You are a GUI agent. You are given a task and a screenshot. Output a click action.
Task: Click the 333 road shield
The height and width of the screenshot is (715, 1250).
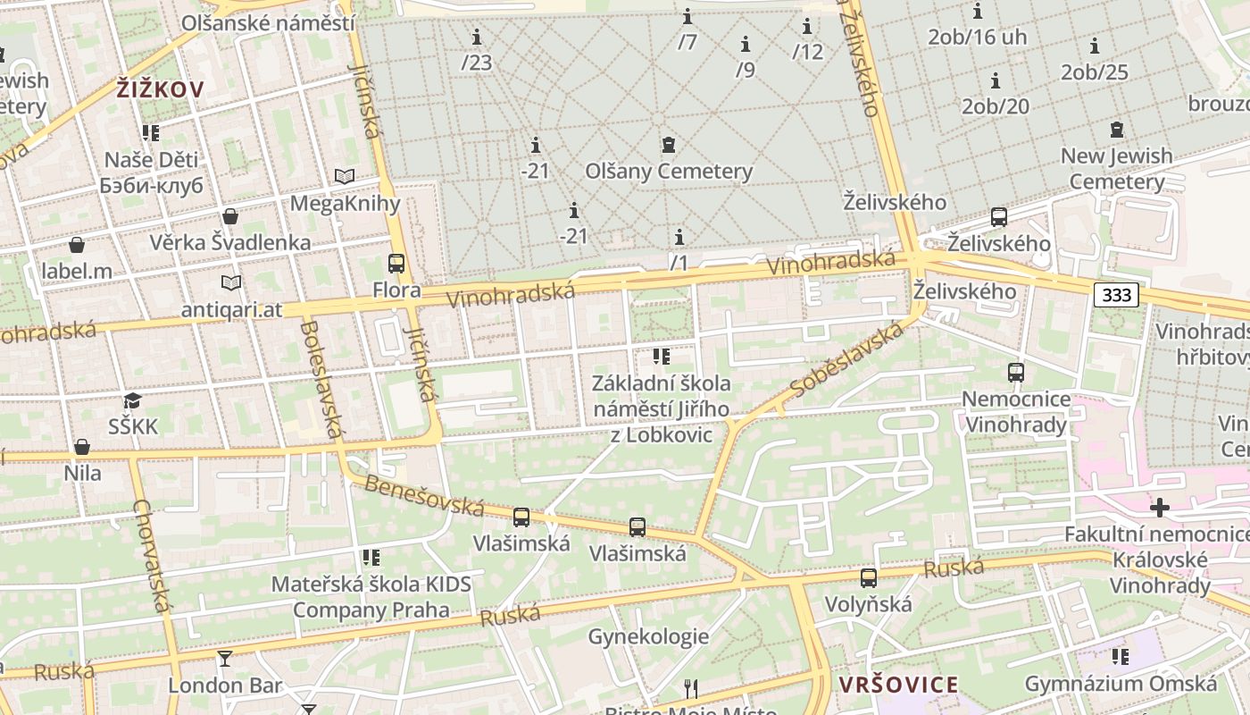tap(1116, 295)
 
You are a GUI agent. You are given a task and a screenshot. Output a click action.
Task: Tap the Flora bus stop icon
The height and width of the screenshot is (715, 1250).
tap(396, 264)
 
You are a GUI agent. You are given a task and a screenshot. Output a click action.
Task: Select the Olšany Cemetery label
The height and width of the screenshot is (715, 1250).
tap(669, 171)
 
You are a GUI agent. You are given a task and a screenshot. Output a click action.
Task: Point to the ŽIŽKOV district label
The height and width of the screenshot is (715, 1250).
tap(161, 89)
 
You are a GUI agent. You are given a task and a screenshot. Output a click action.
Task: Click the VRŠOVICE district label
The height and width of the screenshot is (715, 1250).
tap(898, 686)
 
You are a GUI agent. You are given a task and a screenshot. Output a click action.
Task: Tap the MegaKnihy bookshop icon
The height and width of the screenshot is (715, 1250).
tap(345, 176)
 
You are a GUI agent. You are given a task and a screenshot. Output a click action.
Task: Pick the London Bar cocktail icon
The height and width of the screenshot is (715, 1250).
tap(224, 659)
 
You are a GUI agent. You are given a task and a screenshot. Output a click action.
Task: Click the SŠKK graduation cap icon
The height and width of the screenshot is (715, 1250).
tap(133, 400)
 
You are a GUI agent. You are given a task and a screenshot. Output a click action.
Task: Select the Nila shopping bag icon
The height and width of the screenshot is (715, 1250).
tap(82, 447)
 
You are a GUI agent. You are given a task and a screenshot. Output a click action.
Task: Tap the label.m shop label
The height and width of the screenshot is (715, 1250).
tap(77, 270)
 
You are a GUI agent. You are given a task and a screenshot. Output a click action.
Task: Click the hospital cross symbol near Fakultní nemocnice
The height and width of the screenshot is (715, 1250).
tap(1159, 508)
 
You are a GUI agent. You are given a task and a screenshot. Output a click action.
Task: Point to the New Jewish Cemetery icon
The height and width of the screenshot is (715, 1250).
tap(1116, 130)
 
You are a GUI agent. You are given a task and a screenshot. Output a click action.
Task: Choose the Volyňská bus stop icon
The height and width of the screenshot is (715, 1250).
tap(869, 578)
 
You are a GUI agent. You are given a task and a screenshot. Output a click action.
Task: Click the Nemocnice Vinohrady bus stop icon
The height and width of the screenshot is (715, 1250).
tap(1015, 373)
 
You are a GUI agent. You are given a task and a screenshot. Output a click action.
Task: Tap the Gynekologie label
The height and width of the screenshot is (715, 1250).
tap(648, 636)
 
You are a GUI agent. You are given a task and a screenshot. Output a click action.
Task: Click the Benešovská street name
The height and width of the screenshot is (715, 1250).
tap(424, 496)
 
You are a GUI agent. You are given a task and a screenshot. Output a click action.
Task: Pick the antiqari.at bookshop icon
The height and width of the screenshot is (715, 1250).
tap(231, 282)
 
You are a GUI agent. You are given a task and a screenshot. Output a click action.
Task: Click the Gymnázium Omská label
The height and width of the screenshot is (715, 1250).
tap(1121, 684)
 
